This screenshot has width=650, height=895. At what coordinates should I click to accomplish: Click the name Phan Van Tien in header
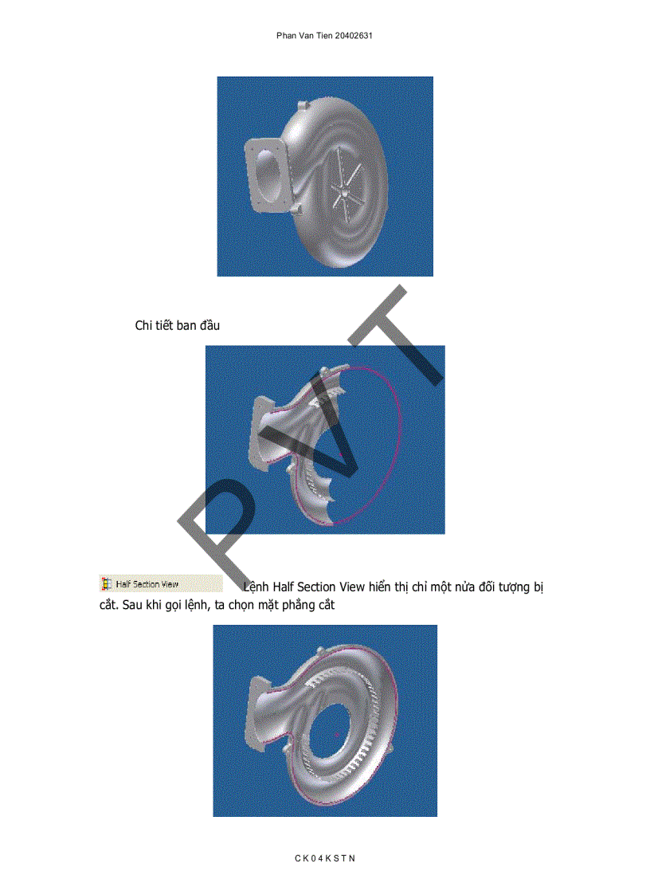301,37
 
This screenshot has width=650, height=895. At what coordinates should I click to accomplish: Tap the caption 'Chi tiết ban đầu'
177,325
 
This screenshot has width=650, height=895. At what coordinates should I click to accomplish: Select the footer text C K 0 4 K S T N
325,858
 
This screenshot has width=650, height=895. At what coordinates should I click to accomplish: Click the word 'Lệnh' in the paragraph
256,587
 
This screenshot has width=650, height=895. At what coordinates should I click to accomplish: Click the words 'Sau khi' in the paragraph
144,606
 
